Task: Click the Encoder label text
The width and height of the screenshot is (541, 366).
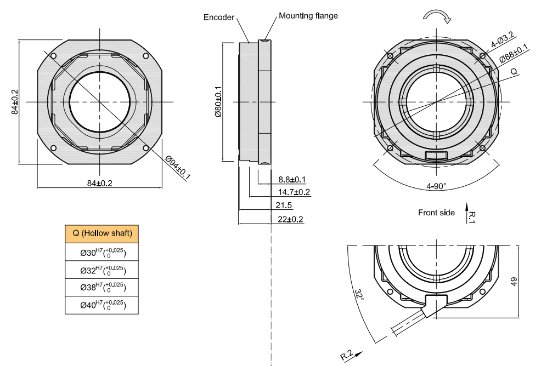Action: pyautogui.click(x=219, y=17)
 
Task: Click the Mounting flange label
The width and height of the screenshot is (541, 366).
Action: pyautogui.click(x=308, y=16)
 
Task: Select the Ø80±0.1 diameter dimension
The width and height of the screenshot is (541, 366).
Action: pyautogui.click(x=218, y=102)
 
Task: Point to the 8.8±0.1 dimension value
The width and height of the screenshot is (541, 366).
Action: pyautogui.click(x=292, y=179)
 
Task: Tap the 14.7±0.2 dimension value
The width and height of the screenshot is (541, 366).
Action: pyautogui.click(x=294, y=192)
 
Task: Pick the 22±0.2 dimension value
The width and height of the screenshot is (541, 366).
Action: pyautogui.click(x=290, y=219)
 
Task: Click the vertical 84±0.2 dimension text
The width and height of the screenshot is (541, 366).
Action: pyautogui.click(x=15, y=102)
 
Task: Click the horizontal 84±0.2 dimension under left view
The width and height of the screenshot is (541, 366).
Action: pyautogui.click(x=99, y=183)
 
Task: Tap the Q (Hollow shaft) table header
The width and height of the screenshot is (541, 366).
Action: pyautogui.click(x=102, y=233)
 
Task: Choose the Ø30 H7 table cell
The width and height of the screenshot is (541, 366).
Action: pyautogui.click(x=102, y=252)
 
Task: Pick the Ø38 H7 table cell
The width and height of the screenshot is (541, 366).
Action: pyautogui.click(x=102, y=287)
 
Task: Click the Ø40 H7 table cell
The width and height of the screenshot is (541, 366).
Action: pyautogui.click(x=102, y=305)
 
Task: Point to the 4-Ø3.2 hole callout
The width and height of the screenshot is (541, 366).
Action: pyautogui.click(x=502, y=39)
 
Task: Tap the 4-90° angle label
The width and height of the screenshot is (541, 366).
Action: pyautogui.click(x=437, y=186)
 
